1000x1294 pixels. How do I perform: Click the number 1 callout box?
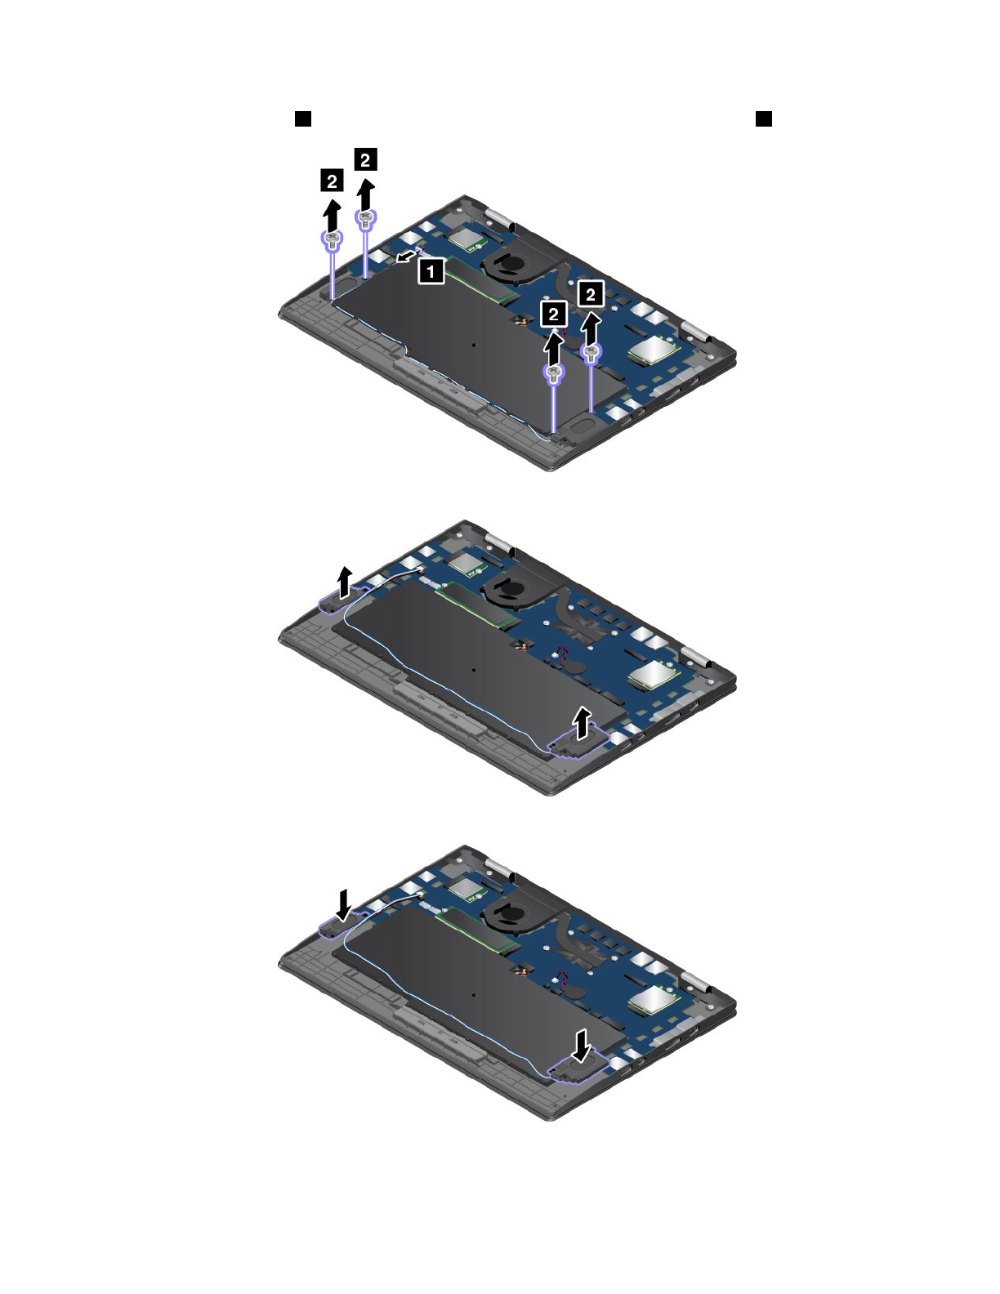[x=431, y=271]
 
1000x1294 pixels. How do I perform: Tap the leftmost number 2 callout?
[x=332, y=181]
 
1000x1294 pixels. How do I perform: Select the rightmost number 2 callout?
[x=590, y=294]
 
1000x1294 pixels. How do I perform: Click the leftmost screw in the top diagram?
[x=333, y=240]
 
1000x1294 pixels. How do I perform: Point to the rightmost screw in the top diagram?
[x=590, y=353]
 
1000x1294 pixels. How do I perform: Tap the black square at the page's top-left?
[x=303, y=118]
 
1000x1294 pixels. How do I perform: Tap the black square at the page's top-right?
[x=764, y=118]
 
